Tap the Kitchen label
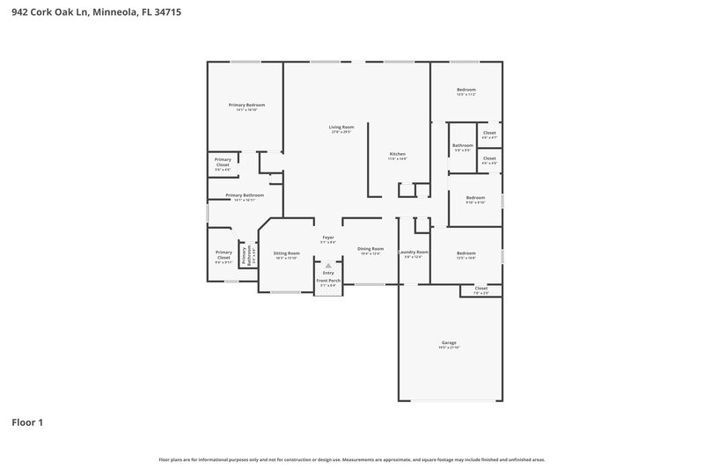(398, 156)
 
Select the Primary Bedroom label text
(246, 106)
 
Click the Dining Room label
(370, 250)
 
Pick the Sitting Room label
(286, 254)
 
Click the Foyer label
(328, 238)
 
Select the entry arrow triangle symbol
(328, 264)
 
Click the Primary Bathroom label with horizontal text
(245, 196)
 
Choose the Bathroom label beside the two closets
(463, 147)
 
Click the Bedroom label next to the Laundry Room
(466, 254)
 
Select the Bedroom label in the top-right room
(466, 91)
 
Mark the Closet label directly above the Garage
(481, 289)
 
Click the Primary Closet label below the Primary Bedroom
(224, 162)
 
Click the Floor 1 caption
(27, 422)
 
